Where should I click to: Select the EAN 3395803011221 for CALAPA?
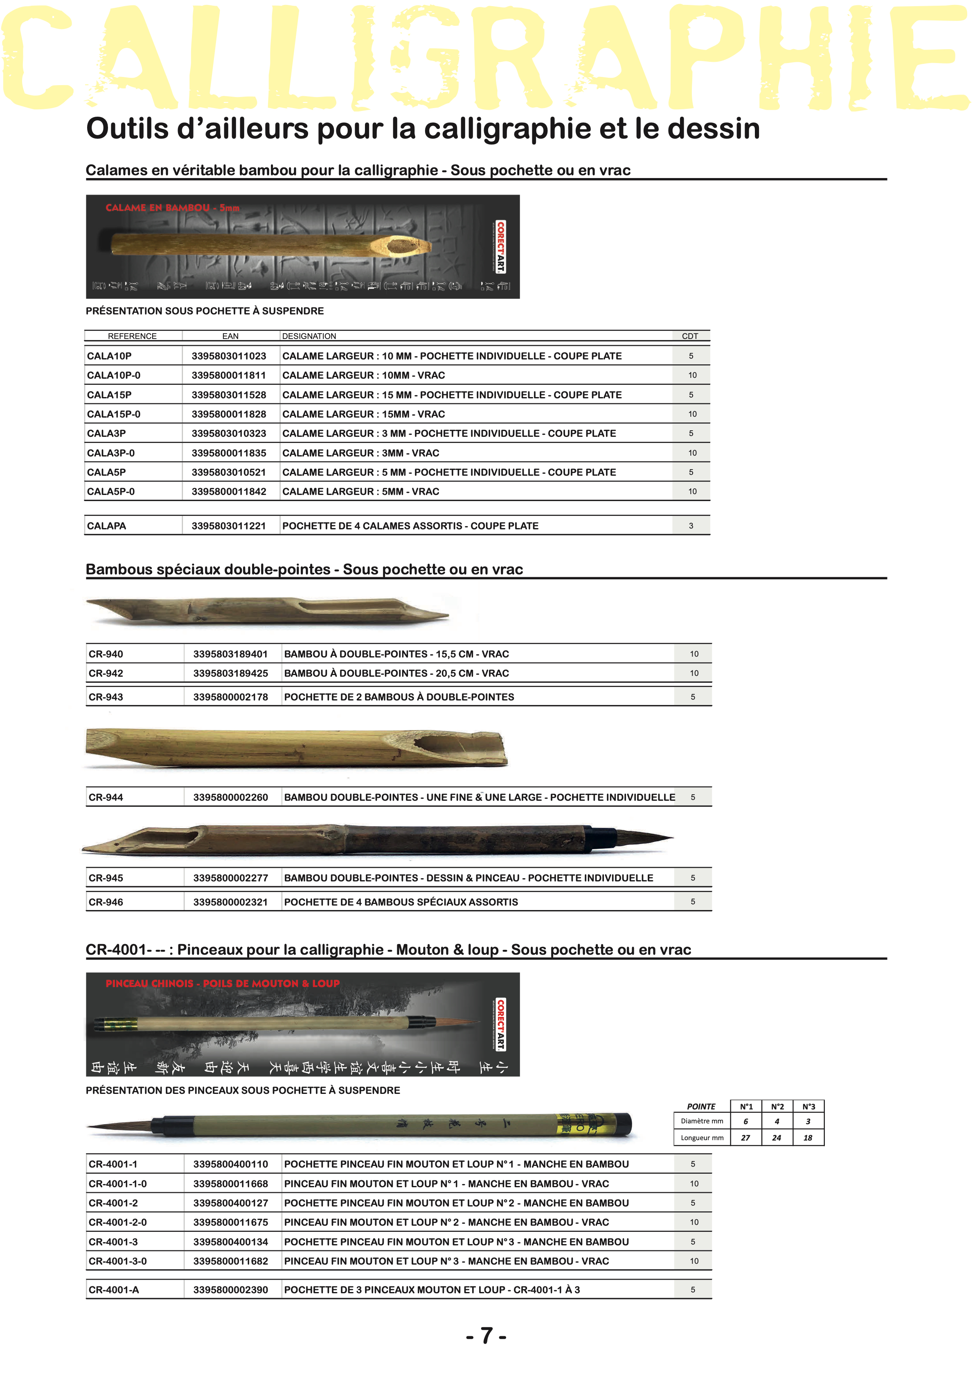coord(228,526)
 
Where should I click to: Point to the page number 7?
coord(486,1336)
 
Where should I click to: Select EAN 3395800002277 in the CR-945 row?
coord(230,878)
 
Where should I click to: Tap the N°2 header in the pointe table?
coord(777,1107)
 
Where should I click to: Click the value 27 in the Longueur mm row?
coord(745,1138)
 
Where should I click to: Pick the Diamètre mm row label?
coord(702,1121)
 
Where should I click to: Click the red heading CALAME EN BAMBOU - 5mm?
coord(172,208)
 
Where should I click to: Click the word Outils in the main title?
coord(127,129)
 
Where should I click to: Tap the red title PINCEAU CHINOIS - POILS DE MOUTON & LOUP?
coord(223,984)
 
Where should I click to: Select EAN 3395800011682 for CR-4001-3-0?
coord(230,1261)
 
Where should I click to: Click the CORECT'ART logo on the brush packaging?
coord(500,1024)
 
